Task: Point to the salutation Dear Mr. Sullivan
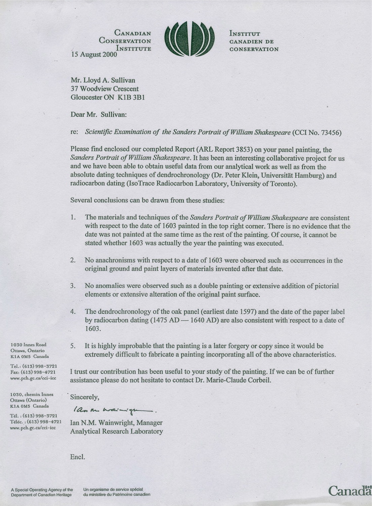(x=96, y=115)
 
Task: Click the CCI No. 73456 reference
(x=317, y=133)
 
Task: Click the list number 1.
(x=73, y=218)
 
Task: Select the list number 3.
(x=73, y=286)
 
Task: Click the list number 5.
(x=73, y=346)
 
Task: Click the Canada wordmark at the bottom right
(x=349, y=490)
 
